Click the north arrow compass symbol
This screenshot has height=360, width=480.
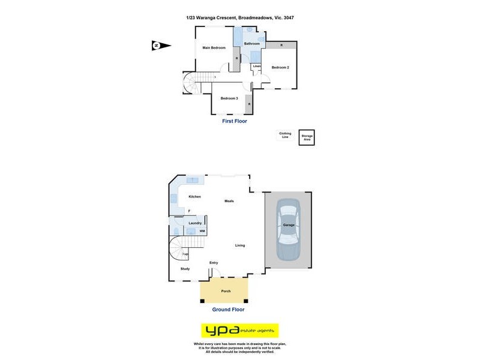click(161, 46)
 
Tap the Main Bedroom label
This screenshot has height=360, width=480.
click(214, 47)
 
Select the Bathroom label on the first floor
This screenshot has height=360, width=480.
click(252, 44)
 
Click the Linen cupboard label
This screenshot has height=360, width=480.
click(257, 66)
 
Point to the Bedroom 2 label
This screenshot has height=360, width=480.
click(280, 67)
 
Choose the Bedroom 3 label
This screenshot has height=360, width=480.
click(229, 98)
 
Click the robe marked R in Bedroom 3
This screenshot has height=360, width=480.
click(249, 105)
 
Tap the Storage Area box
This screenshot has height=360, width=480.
click(307, 137)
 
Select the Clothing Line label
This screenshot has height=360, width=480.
click(285, 136)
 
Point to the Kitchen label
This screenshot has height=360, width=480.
click(194, 197)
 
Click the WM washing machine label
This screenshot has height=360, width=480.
click(202, 231)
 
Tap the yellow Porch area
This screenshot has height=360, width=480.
click(225, 291)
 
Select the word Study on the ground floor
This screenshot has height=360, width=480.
click(185, 269)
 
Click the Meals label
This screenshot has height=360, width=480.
click(229, 201)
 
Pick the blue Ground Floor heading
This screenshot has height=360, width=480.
click(228, 310)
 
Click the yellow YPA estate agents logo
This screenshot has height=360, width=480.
click(239, 331)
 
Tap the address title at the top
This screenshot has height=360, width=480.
click(240, 18)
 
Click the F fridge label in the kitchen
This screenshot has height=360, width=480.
click(188, 211)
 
